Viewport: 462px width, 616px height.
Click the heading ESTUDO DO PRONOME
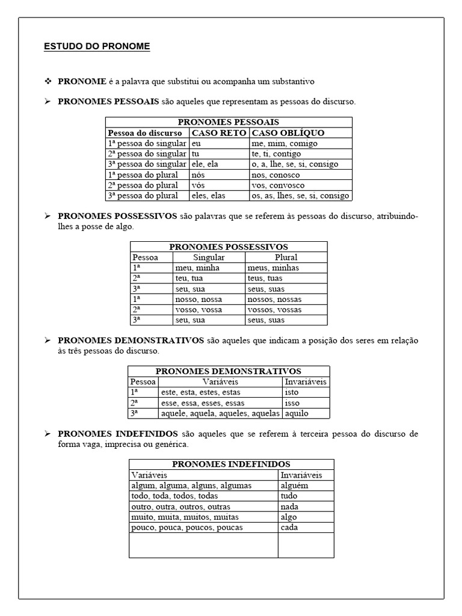click(x=97, y=46)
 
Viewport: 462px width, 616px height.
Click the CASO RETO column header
click(x=219, y=133)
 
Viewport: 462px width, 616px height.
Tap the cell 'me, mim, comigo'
click(x=285, y=144)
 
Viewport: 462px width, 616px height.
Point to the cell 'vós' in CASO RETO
click(x=199, y=185)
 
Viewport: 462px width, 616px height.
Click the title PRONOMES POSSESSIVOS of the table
click(x=229, y=247)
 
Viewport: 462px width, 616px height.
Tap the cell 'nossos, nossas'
click(x=274, y=299)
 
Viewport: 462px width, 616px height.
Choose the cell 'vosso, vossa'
click(x=199, y=310)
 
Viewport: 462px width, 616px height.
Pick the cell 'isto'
click(x=291, y=392)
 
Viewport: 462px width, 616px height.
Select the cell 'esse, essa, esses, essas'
click(x=202, y=403)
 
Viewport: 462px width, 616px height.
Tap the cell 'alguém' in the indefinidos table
click(x=294, y=485)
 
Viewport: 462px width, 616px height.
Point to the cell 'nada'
click(x=289, y=507)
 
